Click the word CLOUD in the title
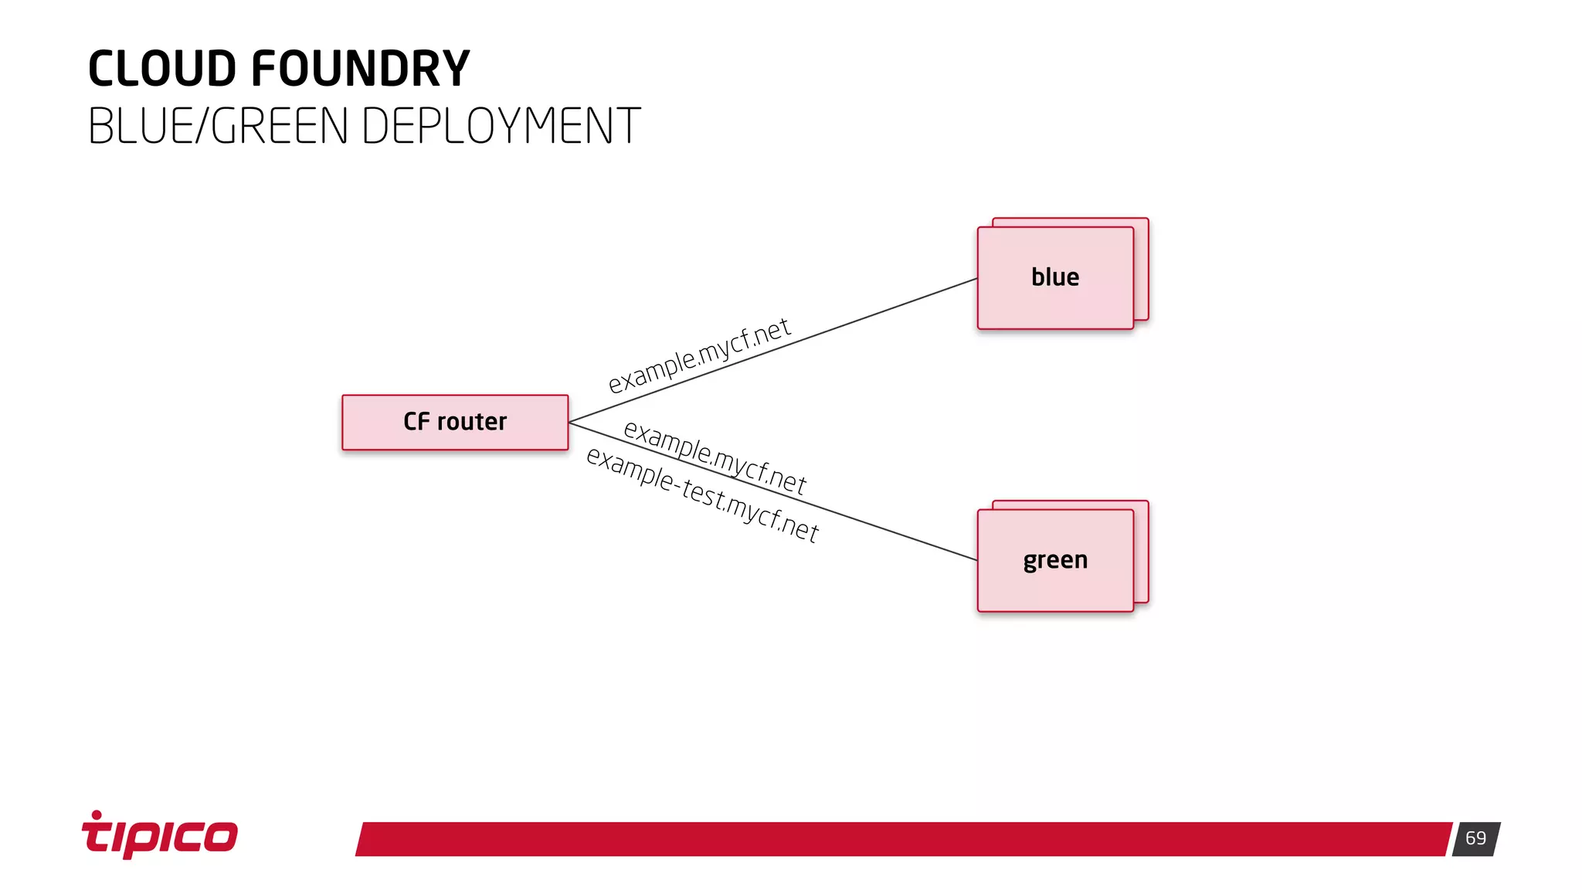coord(161,69)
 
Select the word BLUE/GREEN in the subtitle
coord(218,126)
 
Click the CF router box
coord(455,422)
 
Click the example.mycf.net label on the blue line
coord(699,355)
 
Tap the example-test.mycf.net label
coord(702,495)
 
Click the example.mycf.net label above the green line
coord(715,457)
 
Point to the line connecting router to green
coord(888,530)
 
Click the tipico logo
coord(160,837)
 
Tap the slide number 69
coord(1475,838)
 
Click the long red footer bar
coord(904,839)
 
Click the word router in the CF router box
coord(472,422)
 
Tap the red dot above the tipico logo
coord(97,814)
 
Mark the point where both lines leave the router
coord(570,422)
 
